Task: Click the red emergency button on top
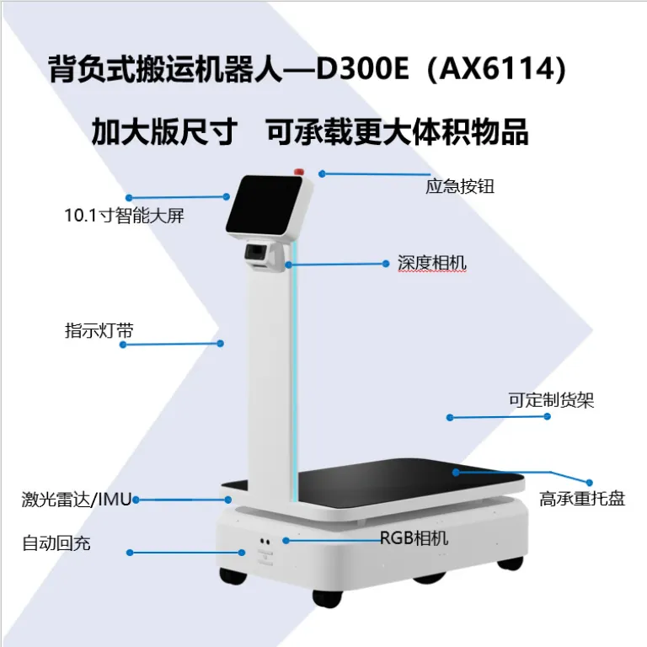[299, 172]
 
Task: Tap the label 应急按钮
[460, 186]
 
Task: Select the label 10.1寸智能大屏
[124, 216]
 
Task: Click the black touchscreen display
[265, 205]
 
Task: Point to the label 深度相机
[431, 263]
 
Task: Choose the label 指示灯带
[99, 330]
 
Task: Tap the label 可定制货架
[551, 400]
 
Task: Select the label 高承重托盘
[582, 499]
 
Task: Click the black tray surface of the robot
[409, 483]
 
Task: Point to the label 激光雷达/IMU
[77, 500]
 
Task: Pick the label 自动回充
[56, 543]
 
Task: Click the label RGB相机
[414, 538]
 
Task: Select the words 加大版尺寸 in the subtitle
[164, 132]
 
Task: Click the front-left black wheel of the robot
[233, 575]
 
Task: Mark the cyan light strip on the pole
[294, 372]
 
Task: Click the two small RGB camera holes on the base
[265, 542]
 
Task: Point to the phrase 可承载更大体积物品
[397, 132]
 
